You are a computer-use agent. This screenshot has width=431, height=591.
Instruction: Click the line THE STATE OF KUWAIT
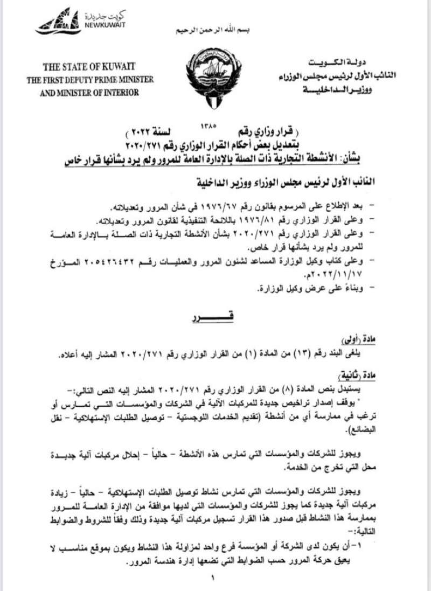pos(95,67)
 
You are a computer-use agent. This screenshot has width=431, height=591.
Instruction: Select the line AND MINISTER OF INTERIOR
pos(95,92)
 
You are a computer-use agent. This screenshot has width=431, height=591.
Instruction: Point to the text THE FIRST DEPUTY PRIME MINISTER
pos(95,80)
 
